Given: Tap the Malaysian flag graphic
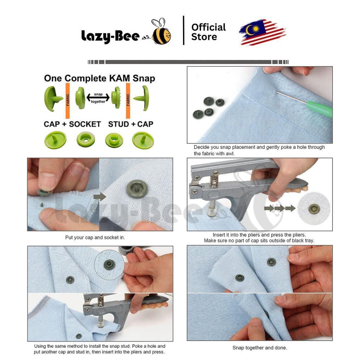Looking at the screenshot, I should pos(262,32).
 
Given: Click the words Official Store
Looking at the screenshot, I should pos(208,32).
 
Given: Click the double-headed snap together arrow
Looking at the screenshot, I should pos(98,98).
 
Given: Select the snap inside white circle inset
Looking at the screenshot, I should pos(314,209).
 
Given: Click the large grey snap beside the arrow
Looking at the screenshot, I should pos(136,189).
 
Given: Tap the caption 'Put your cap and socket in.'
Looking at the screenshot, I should pos(95,238).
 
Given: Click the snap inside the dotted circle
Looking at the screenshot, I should pos(108,265).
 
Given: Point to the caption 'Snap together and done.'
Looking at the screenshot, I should pos(260,348).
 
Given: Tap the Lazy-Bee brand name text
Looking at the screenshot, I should pos(110,36).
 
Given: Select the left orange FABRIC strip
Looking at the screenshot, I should pos(67,98).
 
